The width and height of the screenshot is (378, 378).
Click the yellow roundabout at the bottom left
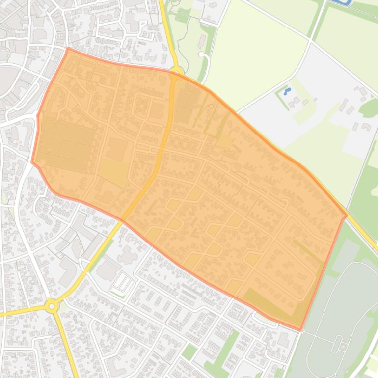[x=51, y=306]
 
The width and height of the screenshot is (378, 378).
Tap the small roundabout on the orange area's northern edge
[x=176, y=72]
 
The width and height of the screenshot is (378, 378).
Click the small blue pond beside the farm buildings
[x=287, y=91]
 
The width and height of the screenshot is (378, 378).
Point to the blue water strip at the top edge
[x=341, y=2]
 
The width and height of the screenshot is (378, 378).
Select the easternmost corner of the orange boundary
[x=347, y=215]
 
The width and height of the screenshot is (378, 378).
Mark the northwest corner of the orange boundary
[x=68, y=48]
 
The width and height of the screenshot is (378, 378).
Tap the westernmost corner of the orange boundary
[x=32, y=162]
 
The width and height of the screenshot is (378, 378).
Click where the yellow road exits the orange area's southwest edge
[x=122, y=219]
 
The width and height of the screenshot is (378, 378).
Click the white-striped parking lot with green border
[x=123, y=284]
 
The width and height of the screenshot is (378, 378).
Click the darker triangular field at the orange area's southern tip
[x=268, y=304]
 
